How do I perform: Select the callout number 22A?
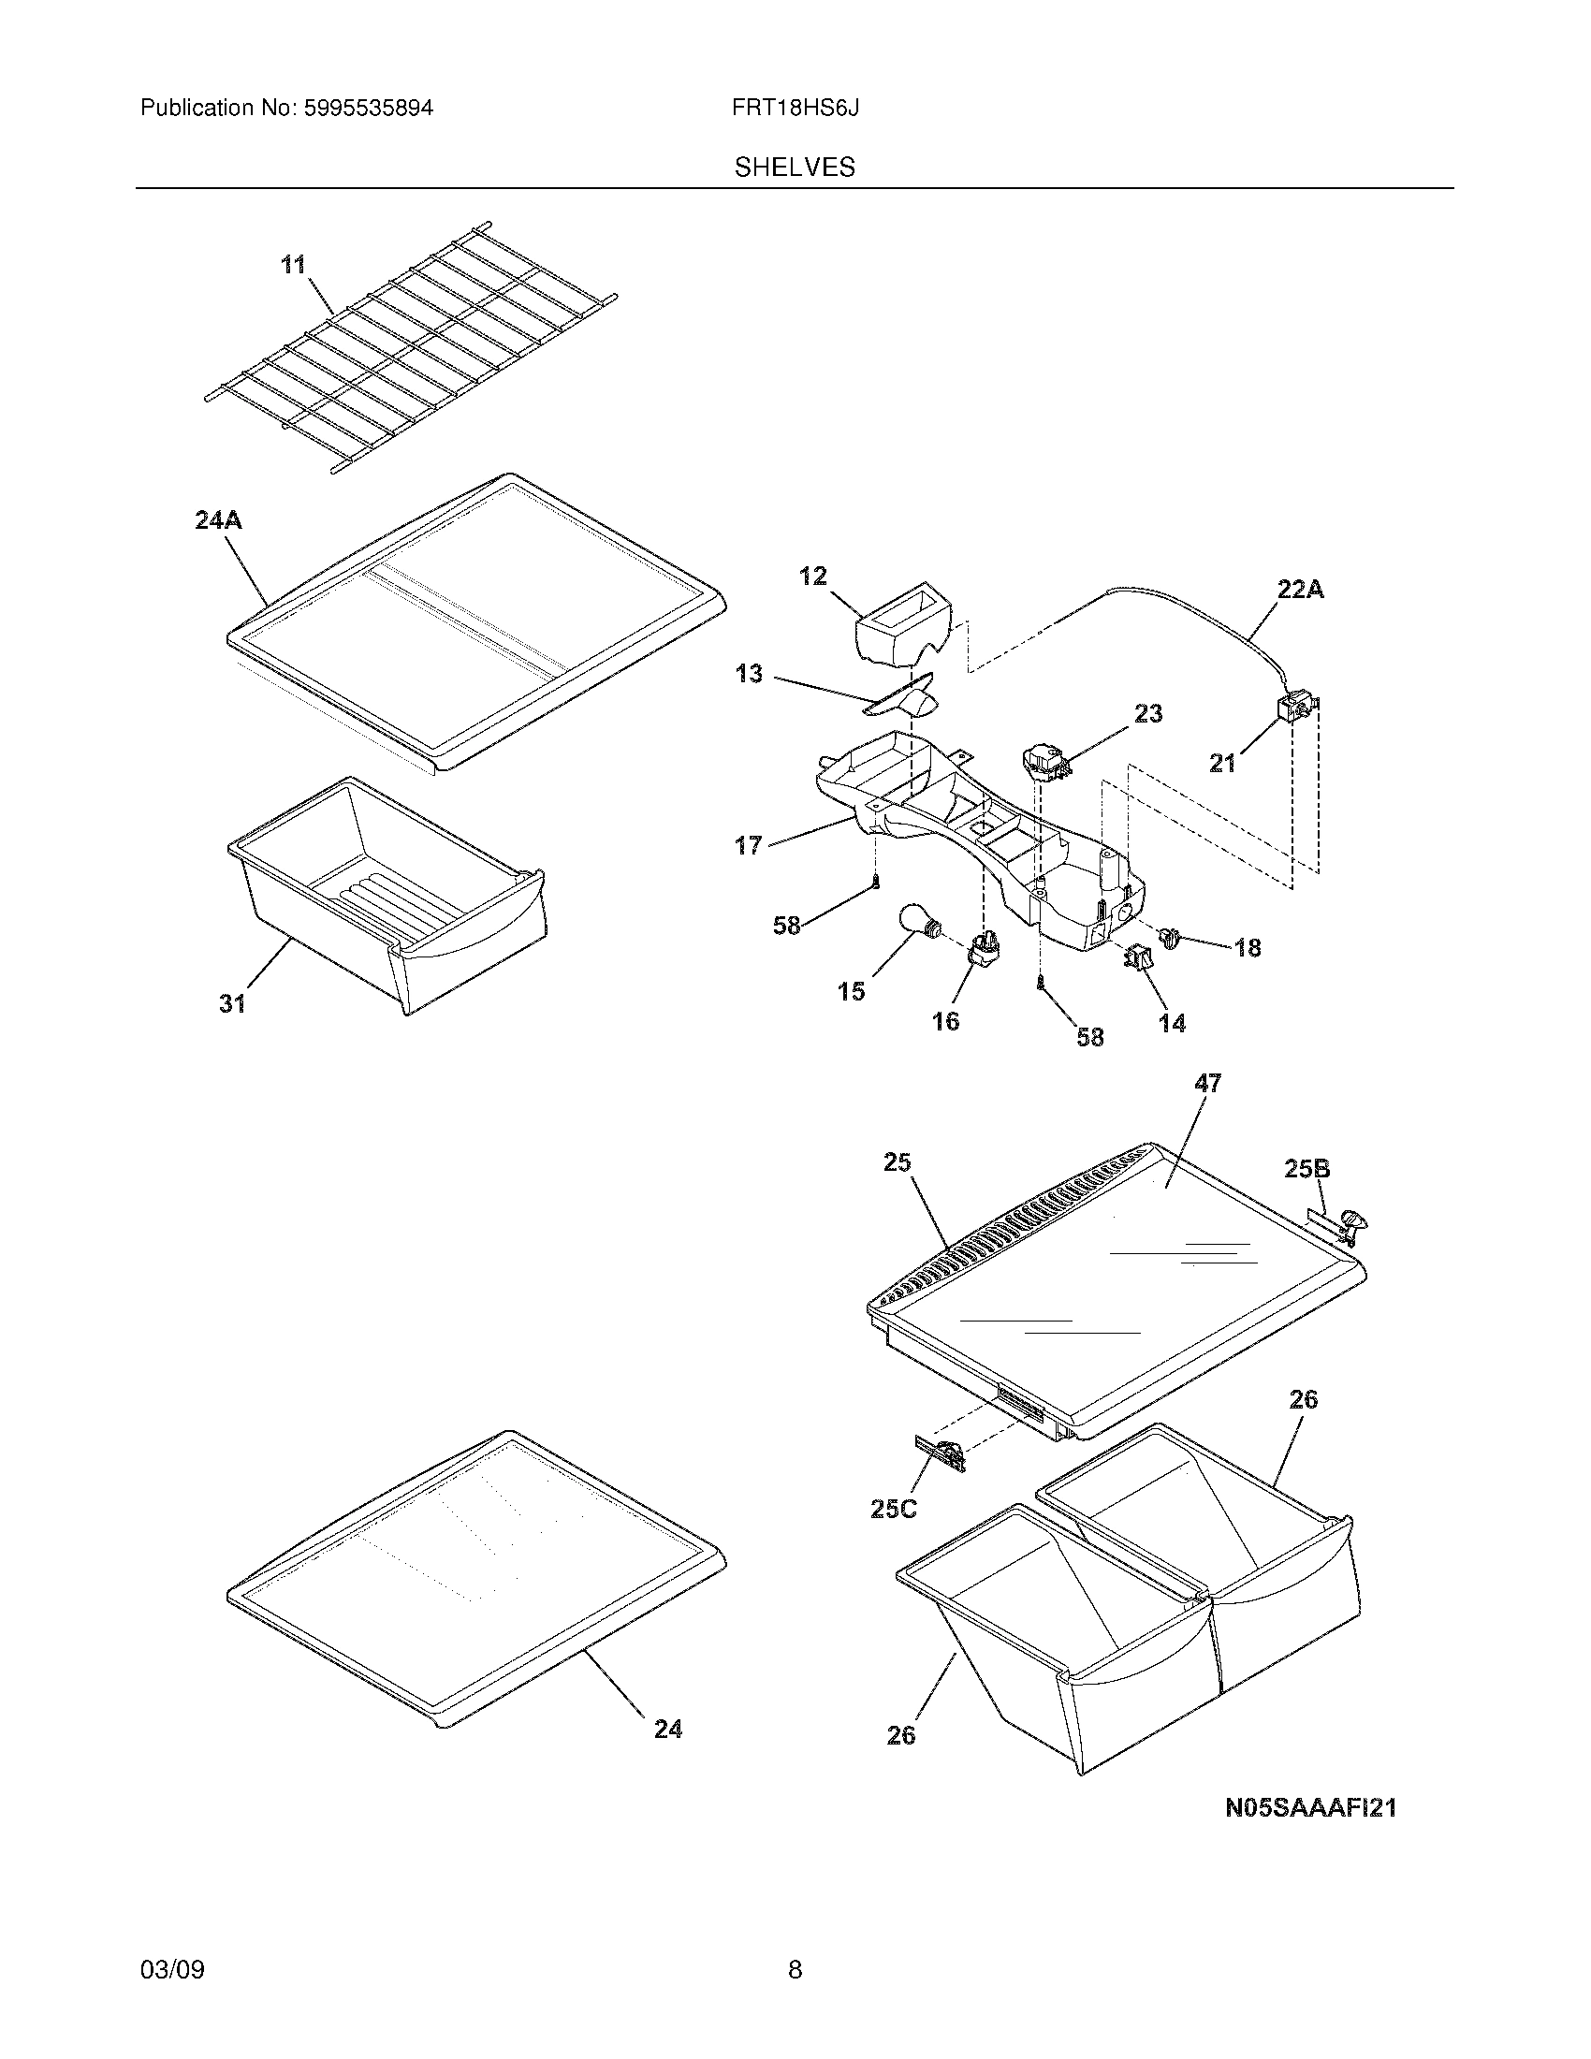pyautogui.click(x=1301, y=590)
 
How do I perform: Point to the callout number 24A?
pyautogui.click(x=218, y=519)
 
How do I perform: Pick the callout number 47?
pyautogui.click(x=1207, y=1084)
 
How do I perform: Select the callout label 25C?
pyautogui.click(x=893, y=1510)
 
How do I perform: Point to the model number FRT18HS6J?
pyautogui.click(x=795, y=109)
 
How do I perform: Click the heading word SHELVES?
pyautogui.click(x=795, y=168)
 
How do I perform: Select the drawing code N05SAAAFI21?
pyautogui.click(x=1310, y=1807)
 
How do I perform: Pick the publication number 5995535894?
pyautogui.click(x=368, y=109)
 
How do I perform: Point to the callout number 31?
pyautogui.click(x=233, y=1004)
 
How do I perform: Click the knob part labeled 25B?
pyautogui.click(x=1355, y=1225)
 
